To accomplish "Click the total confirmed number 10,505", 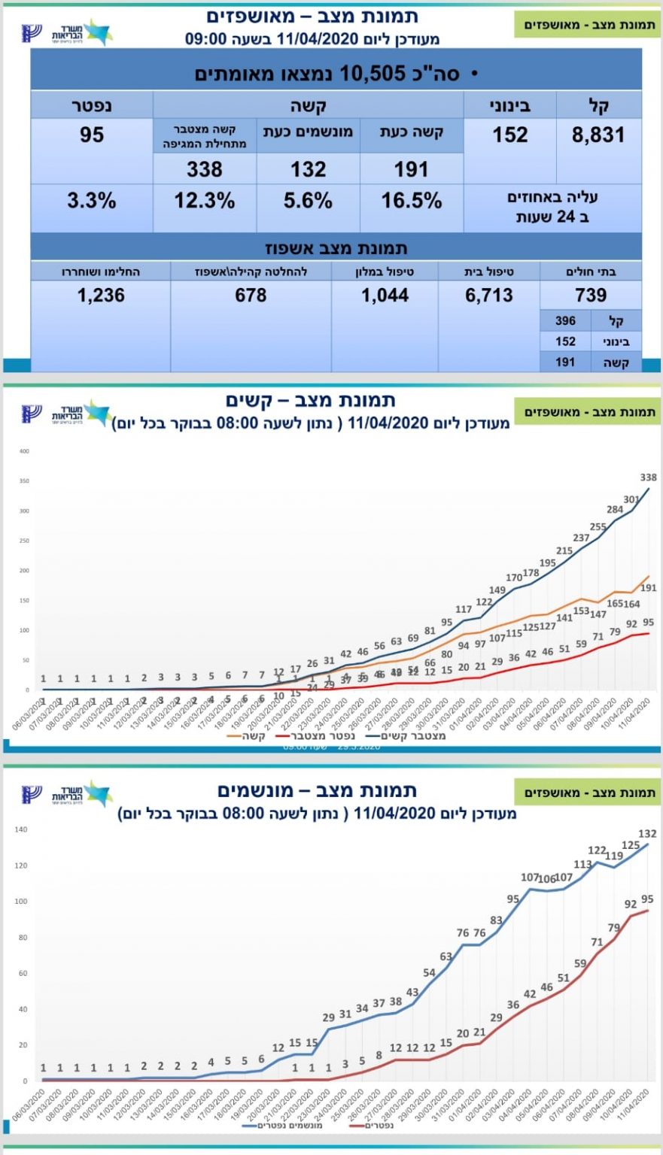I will [x=372, y=73].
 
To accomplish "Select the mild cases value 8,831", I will [x=598, y=135].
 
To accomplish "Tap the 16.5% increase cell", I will [x=411, y=201].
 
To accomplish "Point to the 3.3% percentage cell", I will [x=92, y=201].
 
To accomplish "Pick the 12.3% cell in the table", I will [x=204, y=201].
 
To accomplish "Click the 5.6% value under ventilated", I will [x=308, y=201].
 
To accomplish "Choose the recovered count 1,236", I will [x=101, y=295].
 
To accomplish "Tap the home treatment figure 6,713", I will [x=488, y=295].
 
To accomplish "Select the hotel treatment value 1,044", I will [x=385, y=295].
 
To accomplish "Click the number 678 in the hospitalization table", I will [x=251, y=295].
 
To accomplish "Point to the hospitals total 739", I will [x=591, y=295].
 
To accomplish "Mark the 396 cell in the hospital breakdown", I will [x=565, y=321].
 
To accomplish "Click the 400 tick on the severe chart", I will [x=24, y=451].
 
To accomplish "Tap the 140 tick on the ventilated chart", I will [x=21, y=829].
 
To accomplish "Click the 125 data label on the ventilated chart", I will [x=631, y=845].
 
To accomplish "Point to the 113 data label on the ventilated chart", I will [x=582, y=865].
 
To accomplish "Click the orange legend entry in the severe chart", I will [x=248, y=735].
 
